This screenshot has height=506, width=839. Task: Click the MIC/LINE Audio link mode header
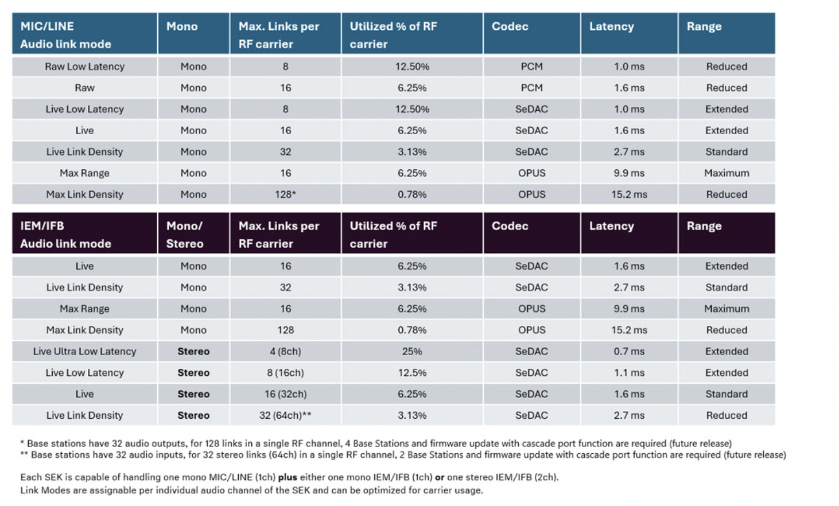pos(65,35)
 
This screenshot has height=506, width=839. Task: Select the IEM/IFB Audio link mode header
pos(65,235)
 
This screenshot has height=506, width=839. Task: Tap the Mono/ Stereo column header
pos(184,235)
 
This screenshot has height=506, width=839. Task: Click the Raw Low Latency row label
pos(84,67)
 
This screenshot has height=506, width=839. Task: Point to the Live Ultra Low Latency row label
pos(84,352)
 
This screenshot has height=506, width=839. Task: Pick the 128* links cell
pos(285,194)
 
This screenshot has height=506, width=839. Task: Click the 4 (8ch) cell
pos(285,352)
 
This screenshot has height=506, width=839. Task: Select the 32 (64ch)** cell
pos(285,415)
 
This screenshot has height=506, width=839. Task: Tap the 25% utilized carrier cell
pos(412,352)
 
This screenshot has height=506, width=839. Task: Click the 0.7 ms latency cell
pos(629,352)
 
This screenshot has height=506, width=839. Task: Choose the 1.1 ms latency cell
pos(629,373)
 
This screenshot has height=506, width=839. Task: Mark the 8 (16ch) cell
pos(285,373)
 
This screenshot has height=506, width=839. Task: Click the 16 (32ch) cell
pos(285,394)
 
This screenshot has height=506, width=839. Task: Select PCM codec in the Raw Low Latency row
pos(531,67)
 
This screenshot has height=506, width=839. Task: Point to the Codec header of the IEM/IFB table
pos(510,226)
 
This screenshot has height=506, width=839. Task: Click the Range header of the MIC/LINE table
pos(704,26)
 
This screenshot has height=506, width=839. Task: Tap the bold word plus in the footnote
pos(288,477)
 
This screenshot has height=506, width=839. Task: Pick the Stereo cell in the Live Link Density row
pos(193,415)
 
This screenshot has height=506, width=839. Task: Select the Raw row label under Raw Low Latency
pos(84,88)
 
